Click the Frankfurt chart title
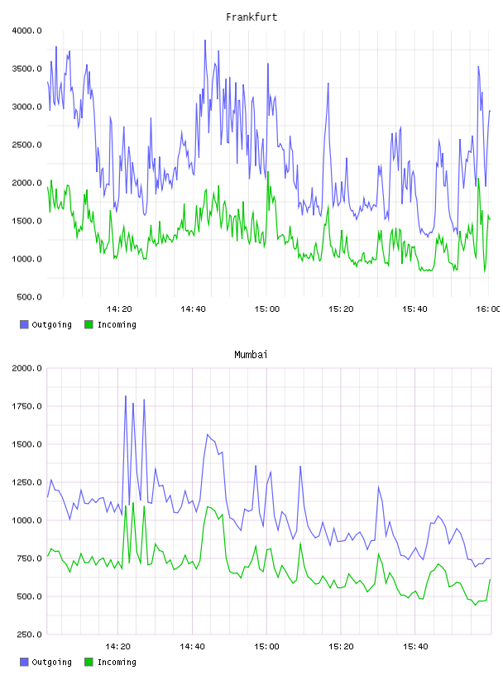click(x=251, y=17)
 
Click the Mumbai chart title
click(x=251, y=355)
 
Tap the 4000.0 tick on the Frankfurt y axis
click(x=26, y=31)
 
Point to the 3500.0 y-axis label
click(x=26, y=69)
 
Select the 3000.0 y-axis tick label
click(x=26, y=107)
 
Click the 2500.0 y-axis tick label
click(x=26, y=145)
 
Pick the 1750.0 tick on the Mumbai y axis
click(x=26, y=406)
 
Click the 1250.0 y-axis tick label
click(x=26, y=482)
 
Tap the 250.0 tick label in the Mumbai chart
click(x=29, y=634)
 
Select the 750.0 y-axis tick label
click(x=29, y=558)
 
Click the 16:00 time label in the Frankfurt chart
click(x=488, y=309)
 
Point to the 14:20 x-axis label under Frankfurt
click(x=119, y=309)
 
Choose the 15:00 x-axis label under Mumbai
click(x=267, y=647)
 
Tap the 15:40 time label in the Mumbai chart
click(x=415, y=647)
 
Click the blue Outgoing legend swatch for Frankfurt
click(x=24, y=324)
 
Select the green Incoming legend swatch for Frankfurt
click(x=89, y=324)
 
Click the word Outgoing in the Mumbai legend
click(x=51, y=662)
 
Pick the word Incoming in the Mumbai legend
click(x=117, y=662)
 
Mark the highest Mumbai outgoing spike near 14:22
click(x=125, y=396)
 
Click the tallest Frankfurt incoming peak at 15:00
click(x=268, y=172)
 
